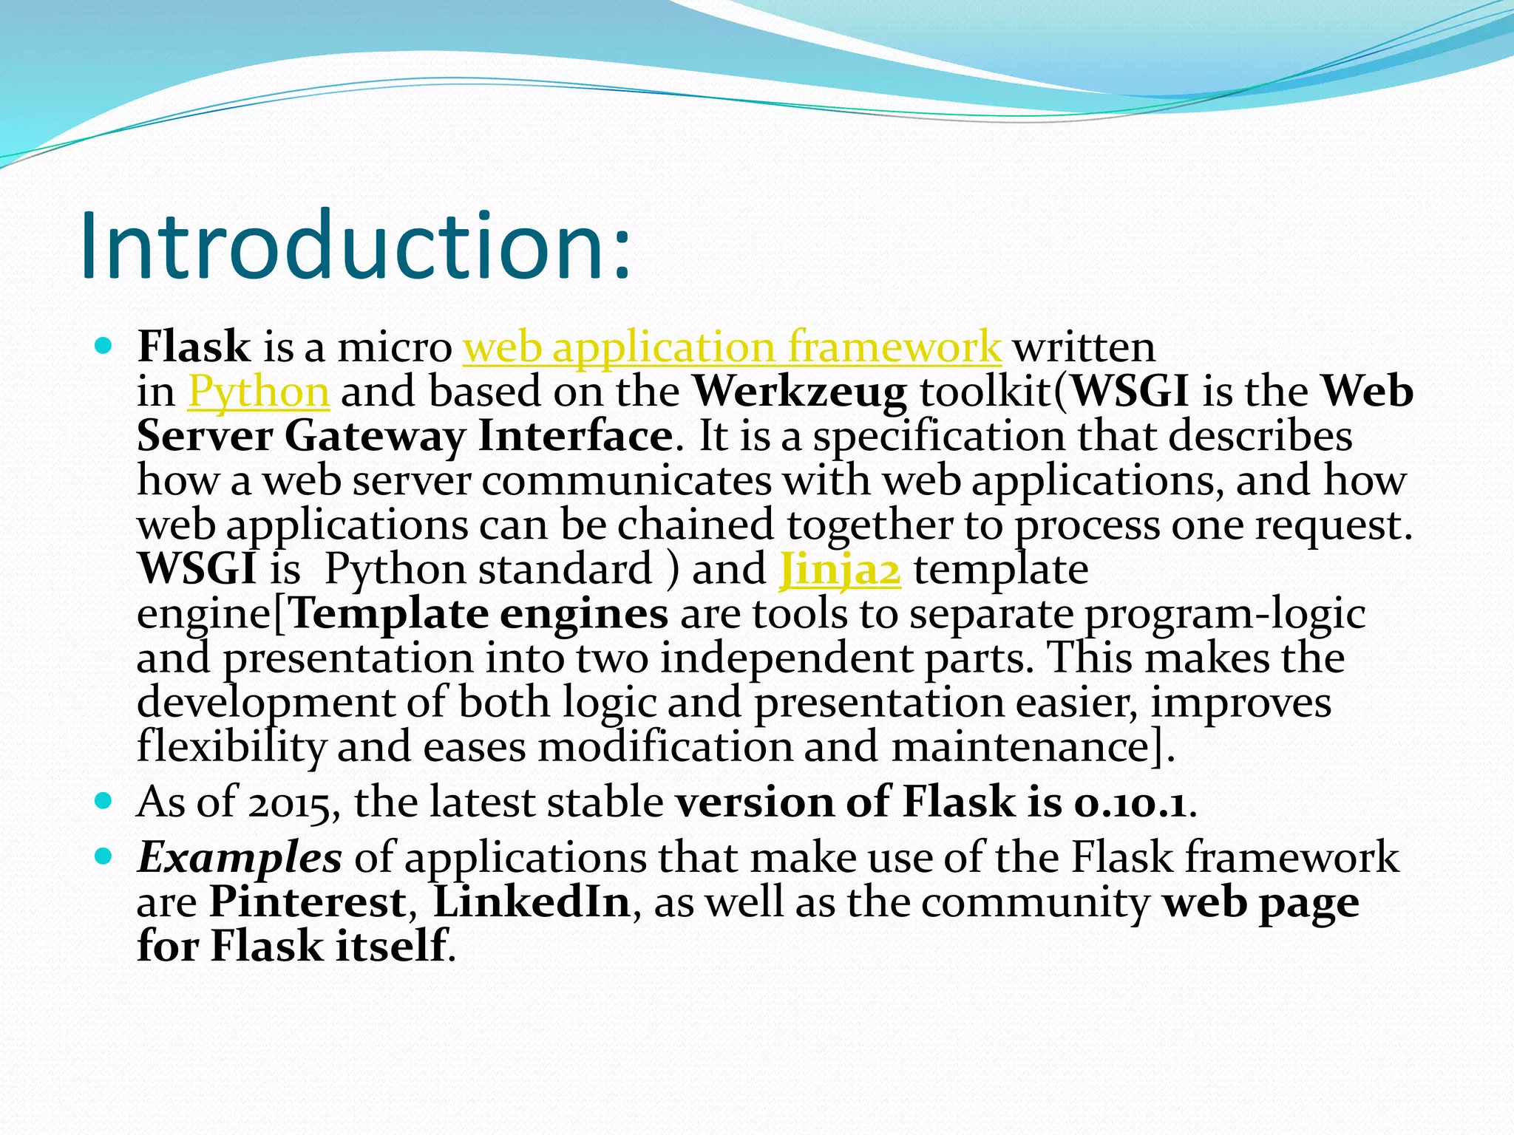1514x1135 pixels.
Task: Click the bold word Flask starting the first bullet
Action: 194,346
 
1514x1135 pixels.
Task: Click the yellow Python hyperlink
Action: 259,392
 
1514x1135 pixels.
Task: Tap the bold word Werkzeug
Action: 800,392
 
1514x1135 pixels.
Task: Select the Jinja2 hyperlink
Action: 840,570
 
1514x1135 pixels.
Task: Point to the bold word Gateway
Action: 375,436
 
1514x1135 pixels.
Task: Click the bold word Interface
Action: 575,436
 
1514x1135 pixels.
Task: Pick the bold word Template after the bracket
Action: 389,614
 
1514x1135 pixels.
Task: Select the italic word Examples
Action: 240,859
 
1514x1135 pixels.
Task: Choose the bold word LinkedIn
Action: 531,902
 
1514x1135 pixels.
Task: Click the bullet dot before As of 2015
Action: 104,800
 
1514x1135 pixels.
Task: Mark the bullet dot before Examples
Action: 104,856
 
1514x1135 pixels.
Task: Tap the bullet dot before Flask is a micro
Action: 104,344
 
